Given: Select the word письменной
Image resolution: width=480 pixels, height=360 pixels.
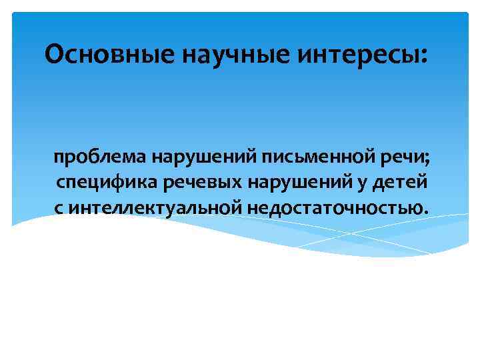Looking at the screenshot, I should point(311,159).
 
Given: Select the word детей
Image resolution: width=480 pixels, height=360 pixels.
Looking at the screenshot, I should point(395,184).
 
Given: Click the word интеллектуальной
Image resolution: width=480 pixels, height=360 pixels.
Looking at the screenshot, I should point(156,208).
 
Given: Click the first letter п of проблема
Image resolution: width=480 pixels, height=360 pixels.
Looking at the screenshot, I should point(59,160).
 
